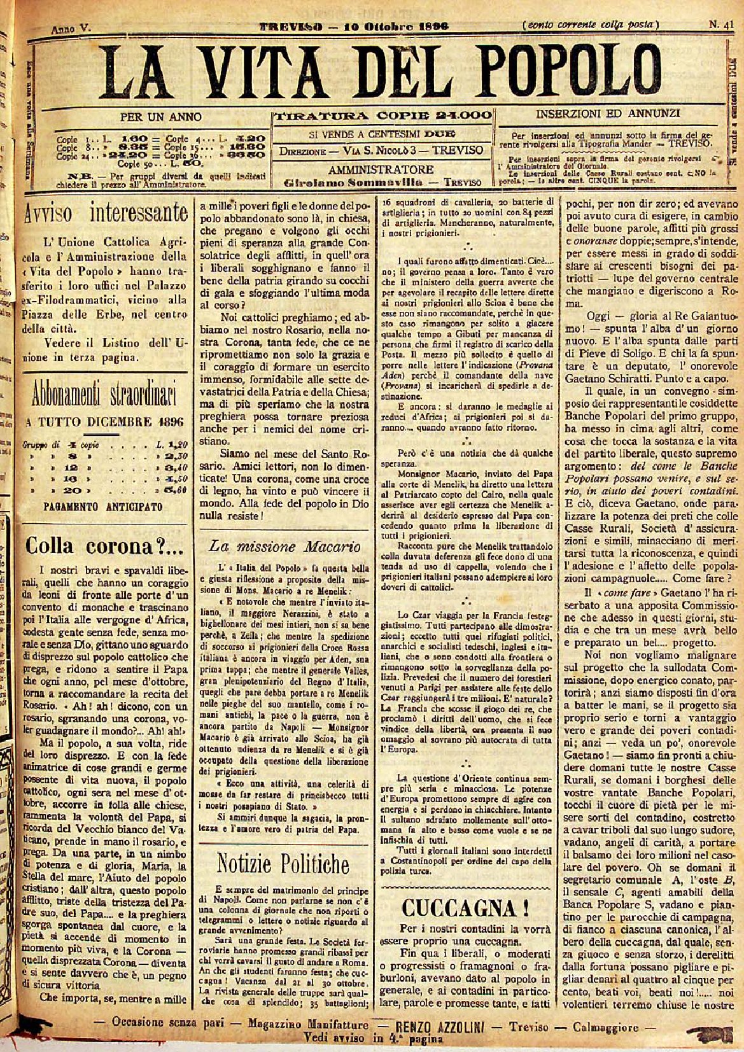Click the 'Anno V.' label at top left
[71, 28]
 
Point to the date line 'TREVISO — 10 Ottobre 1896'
[353, 26]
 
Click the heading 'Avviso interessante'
[106, 213]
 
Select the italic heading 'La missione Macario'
[285, 546]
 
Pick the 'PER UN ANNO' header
[160, 116]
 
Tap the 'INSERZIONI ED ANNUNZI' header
[608, 115]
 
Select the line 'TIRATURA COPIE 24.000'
[383, 116]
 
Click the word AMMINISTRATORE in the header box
[381, 169]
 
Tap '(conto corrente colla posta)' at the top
[589, 25]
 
